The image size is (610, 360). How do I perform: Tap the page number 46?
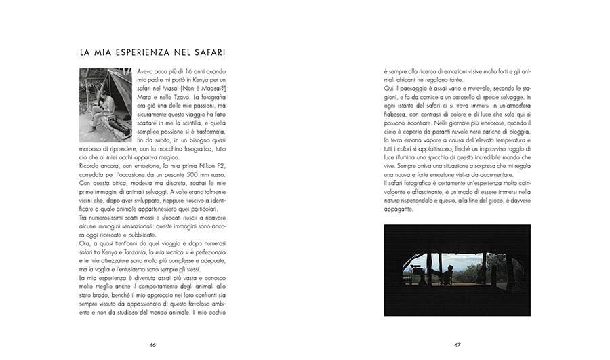152,344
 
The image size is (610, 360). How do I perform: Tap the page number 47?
457,344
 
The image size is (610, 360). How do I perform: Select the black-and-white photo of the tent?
106,104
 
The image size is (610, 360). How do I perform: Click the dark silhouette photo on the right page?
457,270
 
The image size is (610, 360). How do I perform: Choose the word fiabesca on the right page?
399,115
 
